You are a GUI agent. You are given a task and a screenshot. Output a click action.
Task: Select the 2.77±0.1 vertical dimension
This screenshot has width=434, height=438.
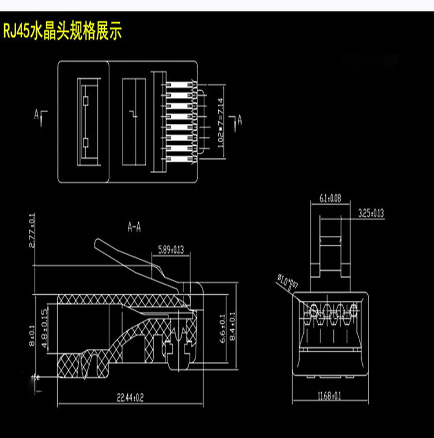(32, 231)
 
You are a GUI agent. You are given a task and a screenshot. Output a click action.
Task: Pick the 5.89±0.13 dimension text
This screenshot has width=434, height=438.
(171, 251)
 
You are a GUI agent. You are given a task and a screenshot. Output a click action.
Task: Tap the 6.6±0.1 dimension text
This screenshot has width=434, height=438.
(222, 329)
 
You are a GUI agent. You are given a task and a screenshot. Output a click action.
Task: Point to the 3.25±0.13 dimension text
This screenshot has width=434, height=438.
(371, 214)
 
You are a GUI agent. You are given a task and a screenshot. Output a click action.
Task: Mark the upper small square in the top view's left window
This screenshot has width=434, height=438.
(85, 101)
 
